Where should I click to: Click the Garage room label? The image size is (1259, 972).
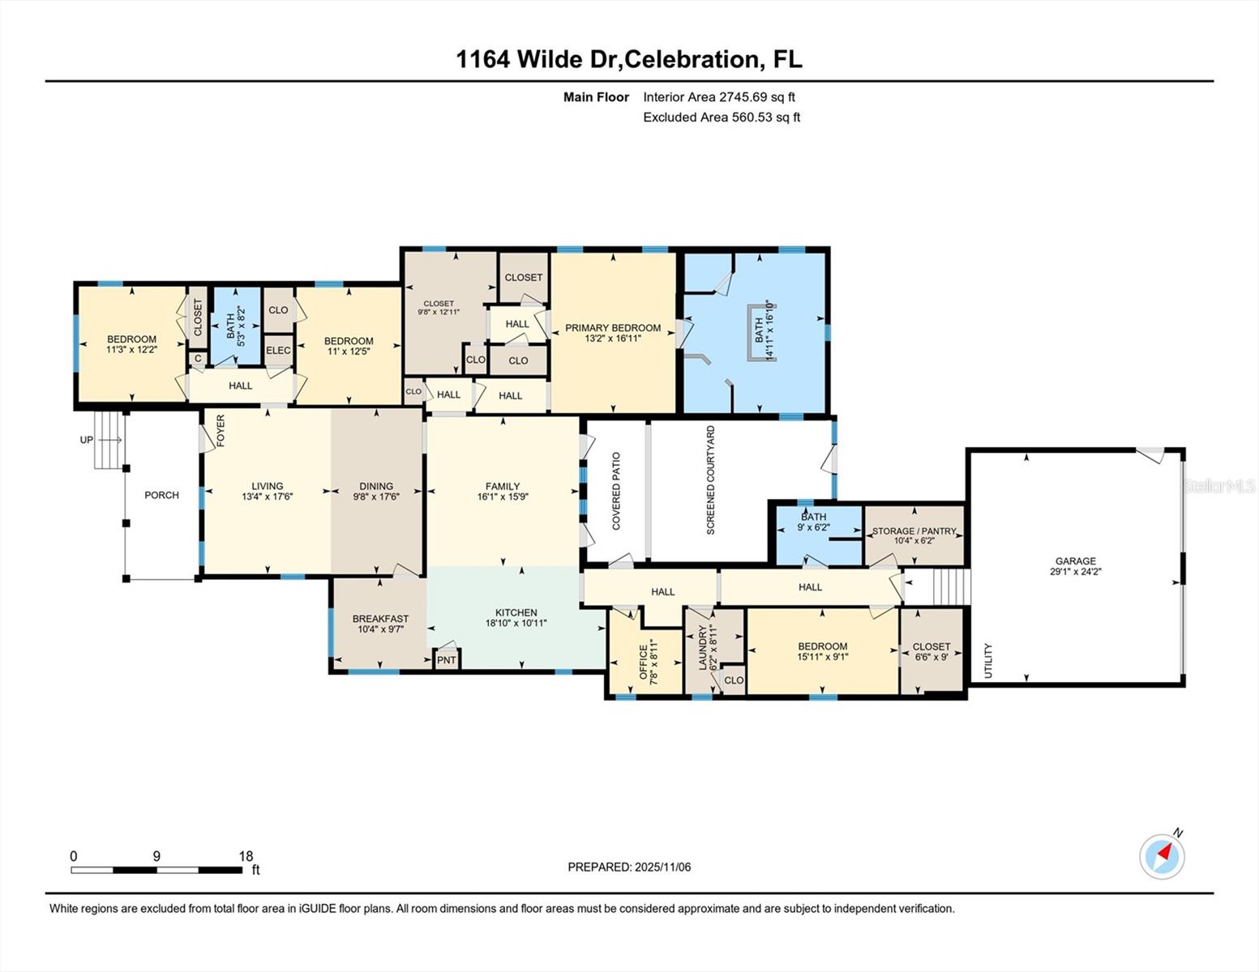(1075, 561)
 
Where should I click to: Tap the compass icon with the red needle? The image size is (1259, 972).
(1162, 856)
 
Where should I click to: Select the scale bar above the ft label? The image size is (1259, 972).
(156, 870)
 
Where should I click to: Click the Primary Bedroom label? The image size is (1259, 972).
(613, 328)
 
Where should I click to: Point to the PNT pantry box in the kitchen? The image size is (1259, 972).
(447, 660)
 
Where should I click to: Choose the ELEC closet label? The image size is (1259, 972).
(278, 351)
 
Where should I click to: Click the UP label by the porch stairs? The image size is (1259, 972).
(87, 440)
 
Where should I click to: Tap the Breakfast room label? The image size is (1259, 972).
(380, 619)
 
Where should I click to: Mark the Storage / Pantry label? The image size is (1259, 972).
(914, 531)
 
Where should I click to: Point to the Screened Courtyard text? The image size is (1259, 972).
(711, 480)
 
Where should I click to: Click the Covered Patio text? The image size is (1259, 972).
(616, 492)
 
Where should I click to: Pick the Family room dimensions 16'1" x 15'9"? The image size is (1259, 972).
(503, 497)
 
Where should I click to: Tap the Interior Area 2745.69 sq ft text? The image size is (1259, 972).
(719, 97)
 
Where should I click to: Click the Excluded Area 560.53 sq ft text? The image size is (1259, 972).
(722, 117)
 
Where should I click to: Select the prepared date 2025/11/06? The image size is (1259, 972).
(662, 867)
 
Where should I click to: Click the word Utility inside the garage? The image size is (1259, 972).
(988, 661)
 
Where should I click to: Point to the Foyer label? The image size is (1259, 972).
(221, 431)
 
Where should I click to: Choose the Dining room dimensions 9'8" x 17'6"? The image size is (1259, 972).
(376, 497)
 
